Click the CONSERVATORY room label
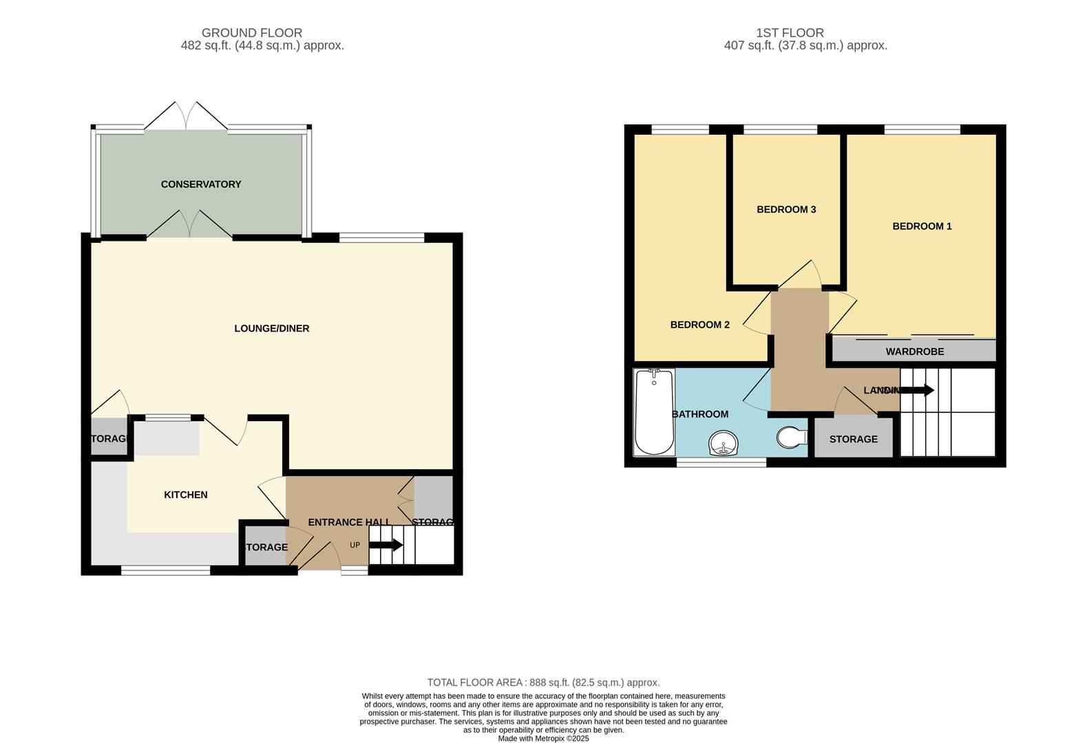201,184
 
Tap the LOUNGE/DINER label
272,328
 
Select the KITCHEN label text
186,495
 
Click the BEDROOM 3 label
786,209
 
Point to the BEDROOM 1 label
922,226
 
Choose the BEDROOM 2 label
699,325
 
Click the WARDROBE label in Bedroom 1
914,352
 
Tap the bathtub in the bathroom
654,413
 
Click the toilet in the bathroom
792,437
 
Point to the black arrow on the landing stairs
917,390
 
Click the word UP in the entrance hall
355,546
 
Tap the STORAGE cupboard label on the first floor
853,439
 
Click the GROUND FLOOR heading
252,32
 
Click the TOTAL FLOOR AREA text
543,682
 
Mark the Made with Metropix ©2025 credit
543,738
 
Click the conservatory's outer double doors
186,116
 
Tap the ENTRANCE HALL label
349,522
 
